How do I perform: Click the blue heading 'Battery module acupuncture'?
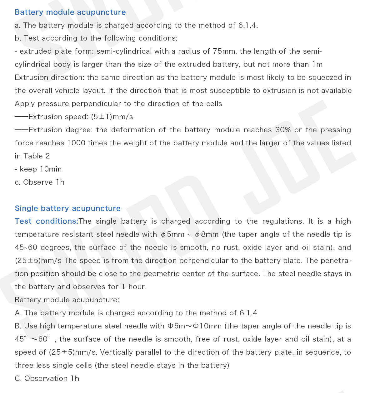[70, 12]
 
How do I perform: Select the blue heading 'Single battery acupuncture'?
[67, 208]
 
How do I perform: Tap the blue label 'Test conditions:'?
[47, 221]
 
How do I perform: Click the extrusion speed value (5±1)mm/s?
[112, 117]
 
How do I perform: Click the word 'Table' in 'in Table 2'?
[33, 156]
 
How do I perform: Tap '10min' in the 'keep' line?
[51, 169]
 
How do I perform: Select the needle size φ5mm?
[172, 235]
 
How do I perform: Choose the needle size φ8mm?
[207, 235]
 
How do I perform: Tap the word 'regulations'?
[283, 221]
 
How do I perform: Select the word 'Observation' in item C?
[46, 379]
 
